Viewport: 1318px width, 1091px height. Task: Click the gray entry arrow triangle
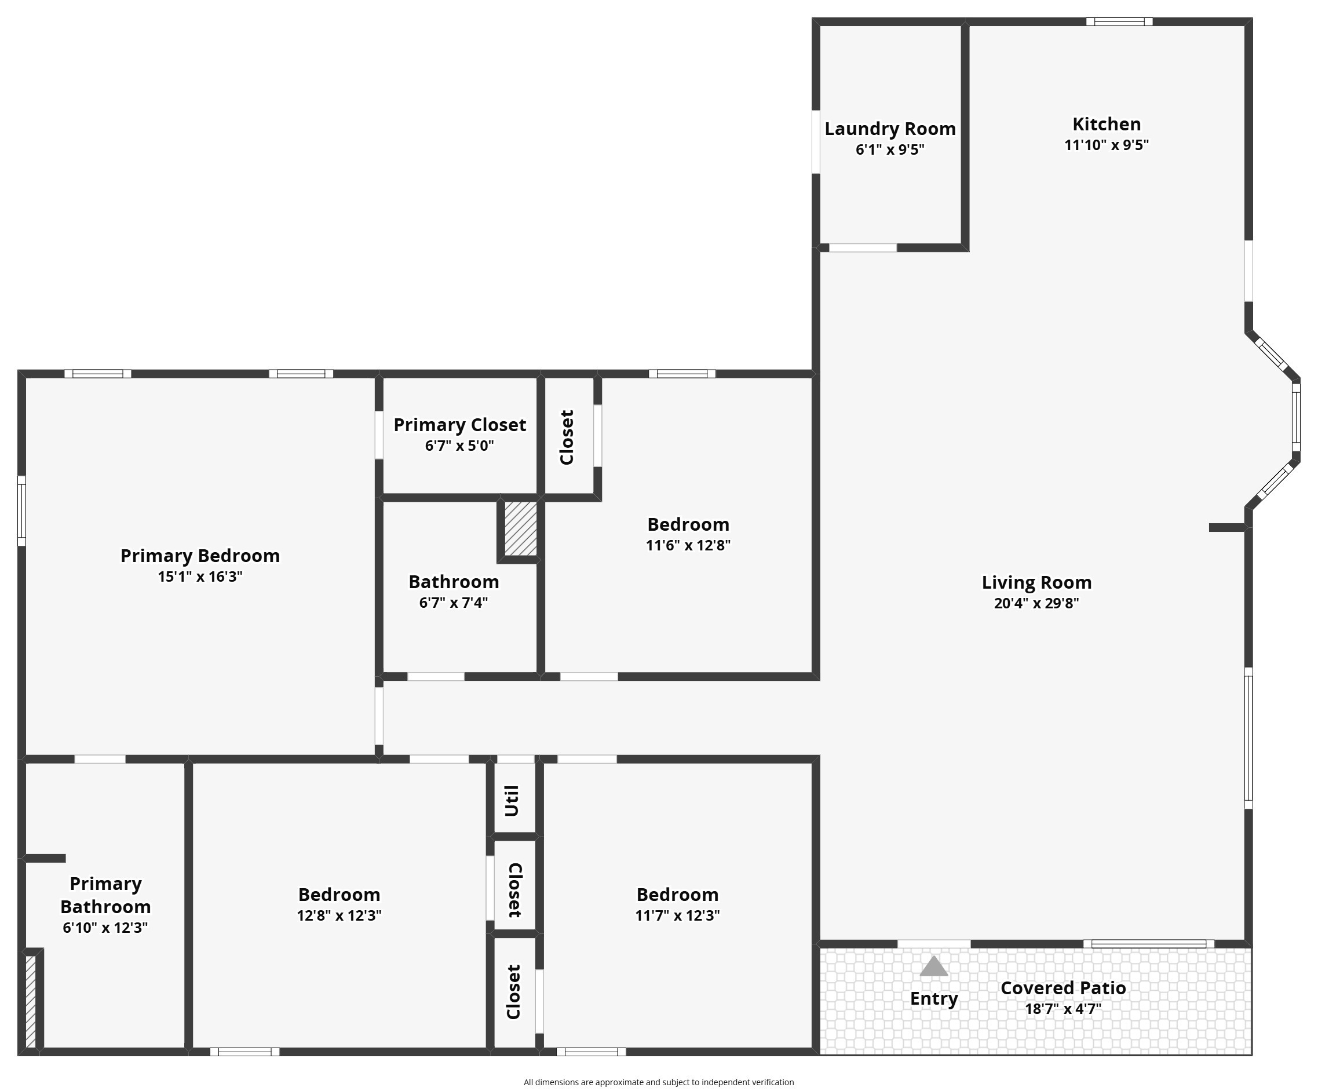click(933, 966)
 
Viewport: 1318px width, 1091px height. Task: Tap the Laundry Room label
click(890, 129)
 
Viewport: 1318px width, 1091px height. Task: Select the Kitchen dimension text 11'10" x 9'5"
click(1107, 145)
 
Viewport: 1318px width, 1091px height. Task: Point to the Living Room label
click(1037, 582)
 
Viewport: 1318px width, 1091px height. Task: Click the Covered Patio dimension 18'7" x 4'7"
click(1063, 1009)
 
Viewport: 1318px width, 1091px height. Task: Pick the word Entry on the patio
click(934, 999)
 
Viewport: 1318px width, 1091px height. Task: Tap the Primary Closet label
click(460, 425)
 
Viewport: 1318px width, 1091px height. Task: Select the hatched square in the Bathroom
click(520, 528)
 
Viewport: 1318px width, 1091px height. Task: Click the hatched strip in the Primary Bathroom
click(30, 1001)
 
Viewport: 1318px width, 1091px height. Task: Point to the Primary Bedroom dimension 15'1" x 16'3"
click(200, 577)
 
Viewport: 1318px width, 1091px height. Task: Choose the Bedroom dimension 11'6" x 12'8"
click(688, 546)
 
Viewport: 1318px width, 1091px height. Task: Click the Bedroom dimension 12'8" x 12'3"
click(339, 916)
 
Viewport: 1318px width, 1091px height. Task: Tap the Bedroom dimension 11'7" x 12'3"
click(677, 916)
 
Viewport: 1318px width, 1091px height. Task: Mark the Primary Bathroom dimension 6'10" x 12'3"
click(105, 928)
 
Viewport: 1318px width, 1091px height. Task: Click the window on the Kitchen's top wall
click(1119, 22)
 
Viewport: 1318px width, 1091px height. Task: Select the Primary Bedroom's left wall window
click(21, 511)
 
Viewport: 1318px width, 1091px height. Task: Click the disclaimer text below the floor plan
click(659, 1082)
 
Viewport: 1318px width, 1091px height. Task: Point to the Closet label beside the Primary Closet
click(567, 437)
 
